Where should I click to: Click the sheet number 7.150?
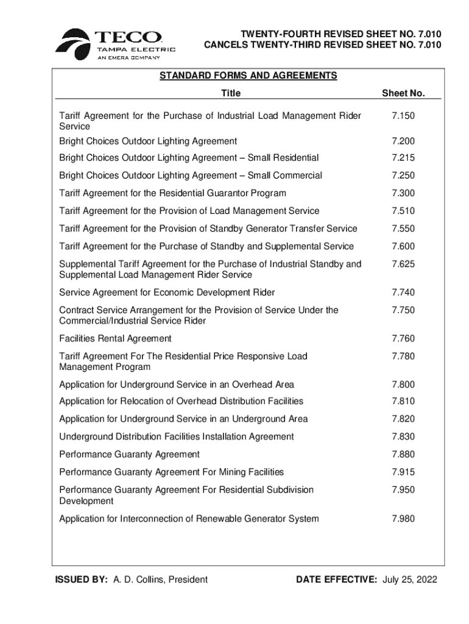point(403,116)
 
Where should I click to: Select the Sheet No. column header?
point(403,93)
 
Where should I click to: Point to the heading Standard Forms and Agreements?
point(248,76)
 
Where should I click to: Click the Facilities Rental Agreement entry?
point(115,338)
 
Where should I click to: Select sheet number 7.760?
point(403,338)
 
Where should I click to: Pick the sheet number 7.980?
point(403,519)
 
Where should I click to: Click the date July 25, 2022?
point(410,580)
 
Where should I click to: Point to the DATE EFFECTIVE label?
point(336,580)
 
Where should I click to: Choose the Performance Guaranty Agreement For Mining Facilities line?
point(171,472)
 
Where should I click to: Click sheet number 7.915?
point(403,472)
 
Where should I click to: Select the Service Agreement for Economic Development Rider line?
point(167,292)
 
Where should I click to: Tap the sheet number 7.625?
point(403,264)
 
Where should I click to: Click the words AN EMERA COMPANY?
point(129,58)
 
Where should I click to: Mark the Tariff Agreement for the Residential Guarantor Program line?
point(172,193)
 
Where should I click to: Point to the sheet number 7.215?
point(403,158)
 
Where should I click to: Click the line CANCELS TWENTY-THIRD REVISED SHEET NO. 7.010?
point(322,44)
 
